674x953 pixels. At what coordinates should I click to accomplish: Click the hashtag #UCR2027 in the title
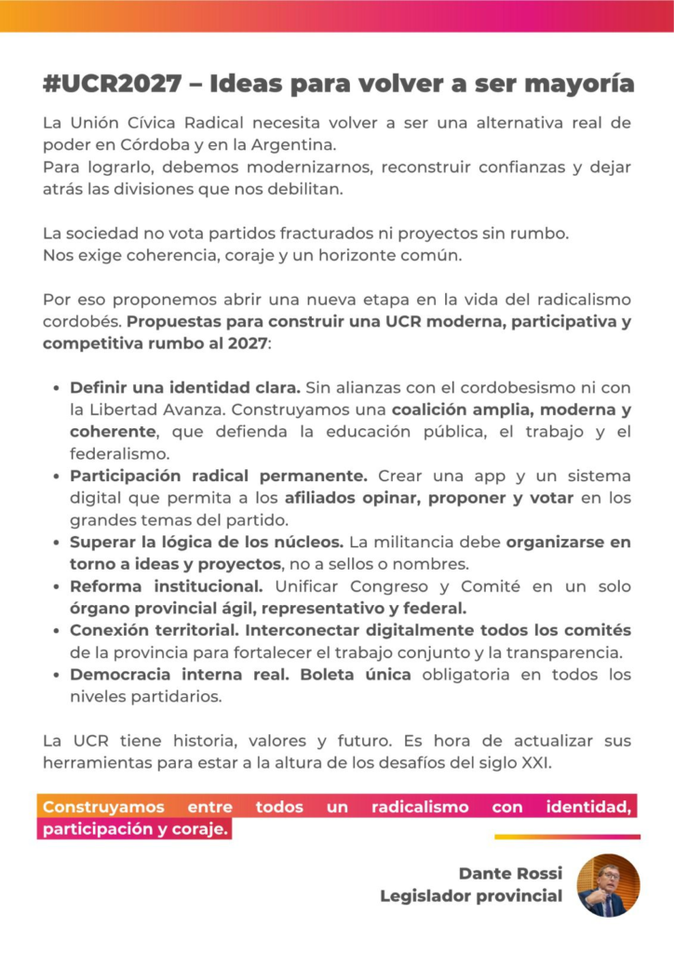coord(113,85)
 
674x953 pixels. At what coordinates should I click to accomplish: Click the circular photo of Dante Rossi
coord(608,885)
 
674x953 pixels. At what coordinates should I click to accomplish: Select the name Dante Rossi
coord(510,873)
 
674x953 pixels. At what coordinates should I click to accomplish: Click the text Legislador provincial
coord(471,896)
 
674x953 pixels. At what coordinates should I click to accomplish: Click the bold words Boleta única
coord(356,674)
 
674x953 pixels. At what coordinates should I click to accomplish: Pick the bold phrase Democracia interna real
coord(181,674)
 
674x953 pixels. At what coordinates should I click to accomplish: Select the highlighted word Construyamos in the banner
coord(103,807)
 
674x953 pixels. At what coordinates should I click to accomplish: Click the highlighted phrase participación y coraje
coord(135,828)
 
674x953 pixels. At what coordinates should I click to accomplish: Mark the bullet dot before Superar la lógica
coord(58,542)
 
